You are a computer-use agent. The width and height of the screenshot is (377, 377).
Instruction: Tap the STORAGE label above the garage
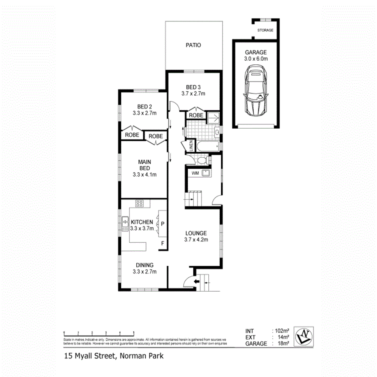(x=265, y=30)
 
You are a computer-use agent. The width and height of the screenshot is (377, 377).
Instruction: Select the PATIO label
(x=193, y=45)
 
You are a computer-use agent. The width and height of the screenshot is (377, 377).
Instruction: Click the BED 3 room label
(x=193, y=87)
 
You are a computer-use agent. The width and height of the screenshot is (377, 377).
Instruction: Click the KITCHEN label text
(x=142, y=222)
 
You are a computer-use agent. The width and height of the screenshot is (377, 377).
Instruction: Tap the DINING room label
(x=144, y=265)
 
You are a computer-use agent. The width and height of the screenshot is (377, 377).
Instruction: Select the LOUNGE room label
(x=196, y=233)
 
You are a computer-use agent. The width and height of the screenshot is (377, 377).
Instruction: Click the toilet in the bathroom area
(x=201, y=161)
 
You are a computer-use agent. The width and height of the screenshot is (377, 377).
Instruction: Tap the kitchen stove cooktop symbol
(x=140, y=203)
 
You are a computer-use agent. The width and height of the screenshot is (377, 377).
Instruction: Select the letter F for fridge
(x=163, y=244)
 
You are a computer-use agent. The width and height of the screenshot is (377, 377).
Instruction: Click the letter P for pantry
(x=163, y=223)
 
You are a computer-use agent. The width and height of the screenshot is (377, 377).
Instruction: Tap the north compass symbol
(x=304, y=336)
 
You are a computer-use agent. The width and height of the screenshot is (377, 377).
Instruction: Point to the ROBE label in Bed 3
(x=196, y=116)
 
